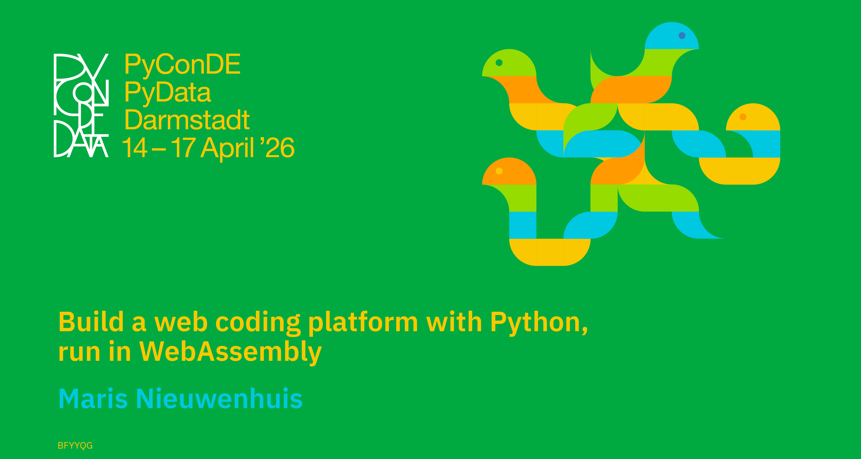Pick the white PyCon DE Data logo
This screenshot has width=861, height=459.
(81, 105)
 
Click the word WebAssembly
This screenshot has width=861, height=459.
(230, 352)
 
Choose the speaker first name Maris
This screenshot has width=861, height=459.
(93, 399)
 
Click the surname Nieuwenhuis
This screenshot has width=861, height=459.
(219, 399)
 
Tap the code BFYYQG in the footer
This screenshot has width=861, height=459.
(75, 446)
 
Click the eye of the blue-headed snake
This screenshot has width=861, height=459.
(682, 35)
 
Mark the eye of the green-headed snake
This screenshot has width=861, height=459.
(499, 62)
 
